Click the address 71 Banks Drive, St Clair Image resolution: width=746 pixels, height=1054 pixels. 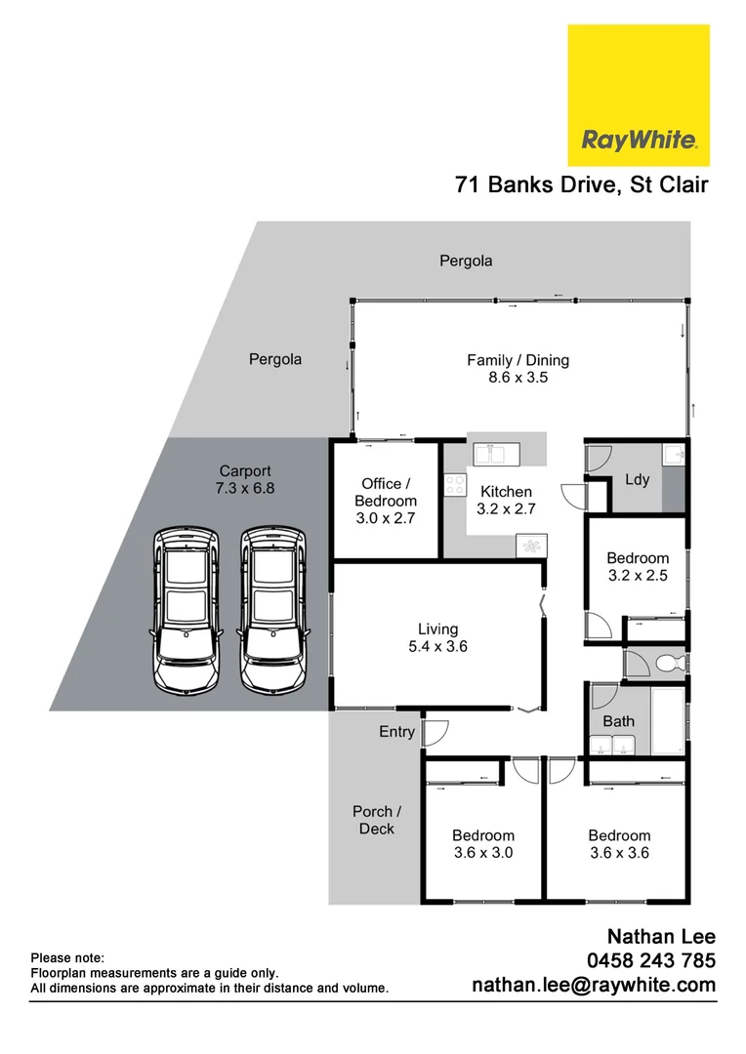[x=581, y=184]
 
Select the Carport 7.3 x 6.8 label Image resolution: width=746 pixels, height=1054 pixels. [x=246, y=478]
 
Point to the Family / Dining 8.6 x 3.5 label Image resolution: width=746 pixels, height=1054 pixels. [x=518, y=368]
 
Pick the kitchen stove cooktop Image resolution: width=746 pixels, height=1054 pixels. [x=455, y=484]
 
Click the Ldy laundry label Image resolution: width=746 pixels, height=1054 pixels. [x=638, y=480]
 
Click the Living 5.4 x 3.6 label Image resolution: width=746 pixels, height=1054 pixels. [x=437, y=637]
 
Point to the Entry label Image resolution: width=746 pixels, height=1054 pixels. [x=396, y=731]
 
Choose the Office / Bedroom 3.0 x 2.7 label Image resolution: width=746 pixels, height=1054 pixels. [x=388, y=501]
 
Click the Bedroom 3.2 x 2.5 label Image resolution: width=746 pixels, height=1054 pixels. [x=637, y=567]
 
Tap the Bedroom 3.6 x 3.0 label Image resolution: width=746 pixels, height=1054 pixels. [x=482, y=844]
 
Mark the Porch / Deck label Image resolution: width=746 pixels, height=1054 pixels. [x=376, y=820]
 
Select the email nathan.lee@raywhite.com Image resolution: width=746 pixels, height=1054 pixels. [x=594, y=986]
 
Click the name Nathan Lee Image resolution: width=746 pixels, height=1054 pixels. [x=661, y=937]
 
